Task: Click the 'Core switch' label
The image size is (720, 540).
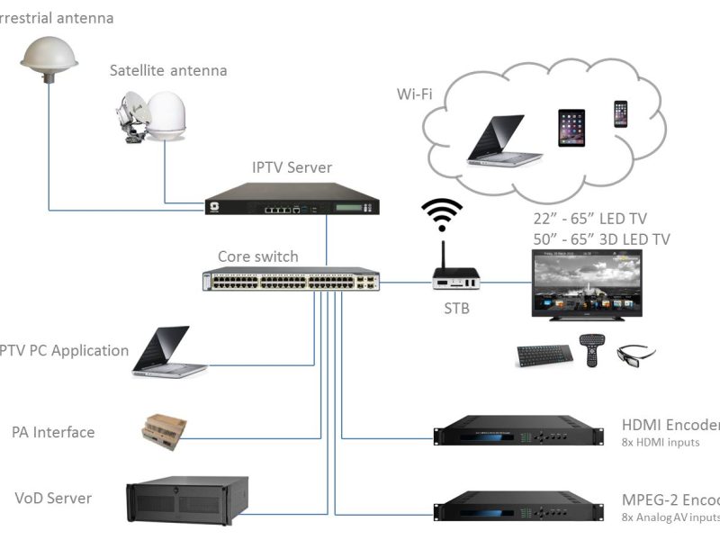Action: tap(257, 256)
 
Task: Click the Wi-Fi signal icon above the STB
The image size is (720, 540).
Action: tap(442, 215)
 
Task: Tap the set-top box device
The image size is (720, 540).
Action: tap(456, 279)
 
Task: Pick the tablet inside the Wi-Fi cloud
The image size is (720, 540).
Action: tap(571, 127)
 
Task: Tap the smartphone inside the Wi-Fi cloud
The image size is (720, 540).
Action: tap(620, 113)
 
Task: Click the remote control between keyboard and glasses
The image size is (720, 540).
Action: tap(589, 349)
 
